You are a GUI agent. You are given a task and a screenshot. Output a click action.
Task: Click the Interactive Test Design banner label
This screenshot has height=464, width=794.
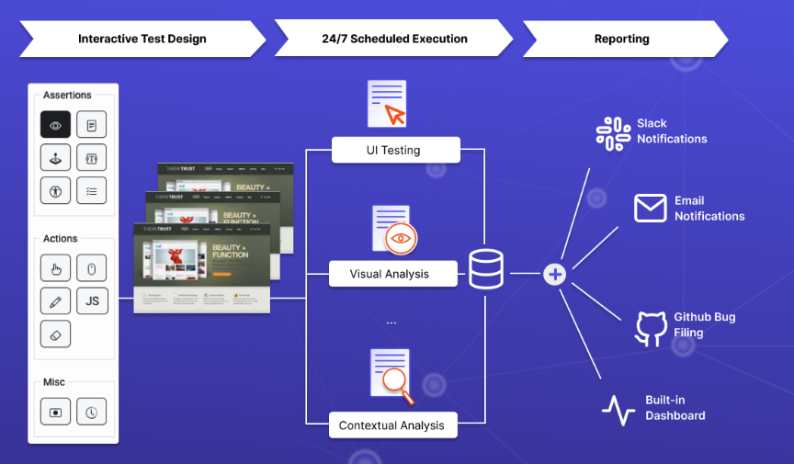[142, 40]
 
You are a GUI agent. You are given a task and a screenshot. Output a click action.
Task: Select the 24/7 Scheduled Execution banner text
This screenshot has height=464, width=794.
[394, 40]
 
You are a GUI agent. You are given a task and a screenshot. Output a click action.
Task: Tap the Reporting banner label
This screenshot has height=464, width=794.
[621, 40]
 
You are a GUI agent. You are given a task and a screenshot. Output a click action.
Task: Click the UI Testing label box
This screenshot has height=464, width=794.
[395, 150]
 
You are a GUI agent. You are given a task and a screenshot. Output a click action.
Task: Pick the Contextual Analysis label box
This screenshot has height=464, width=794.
[391, 425]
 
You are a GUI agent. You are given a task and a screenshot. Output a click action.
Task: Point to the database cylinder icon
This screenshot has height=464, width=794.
[487, 269]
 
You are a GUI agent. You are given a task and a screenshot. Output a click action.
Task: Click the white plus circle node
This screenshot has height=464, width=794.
[555, 274]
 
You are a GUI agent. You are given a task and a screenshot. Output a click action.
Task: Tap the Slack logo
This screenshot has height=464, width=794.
[613, 132]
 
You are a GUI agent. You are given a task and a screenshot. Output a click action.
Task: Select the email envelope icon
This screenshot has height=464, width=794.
[650, 209]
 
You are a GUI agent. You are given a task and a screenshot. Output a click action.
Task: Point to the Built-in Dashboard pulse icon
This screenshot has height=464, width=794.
[618, 410]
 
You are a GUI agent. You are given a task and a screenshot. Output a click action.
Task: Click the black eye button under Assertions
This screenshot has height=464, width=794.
[55, 125]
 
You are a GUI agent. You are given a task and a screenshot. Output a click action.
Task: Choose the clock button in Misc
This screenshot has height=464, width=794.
[92, 413]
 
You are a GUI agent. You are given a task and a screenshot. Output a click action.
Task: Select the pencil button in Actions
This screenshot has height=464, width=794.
[55, 300]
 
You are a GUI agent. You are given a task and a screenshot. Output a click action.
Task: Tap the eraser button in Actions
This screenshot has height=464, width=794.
[55, 333]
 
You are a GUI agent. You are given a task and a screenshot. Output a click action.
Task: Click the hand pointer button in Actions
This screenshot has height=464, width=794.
[55, 268]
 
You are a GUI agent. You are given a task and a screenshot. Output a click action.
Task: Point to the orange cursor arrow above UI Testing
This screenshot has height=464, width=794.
[395, 115]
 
